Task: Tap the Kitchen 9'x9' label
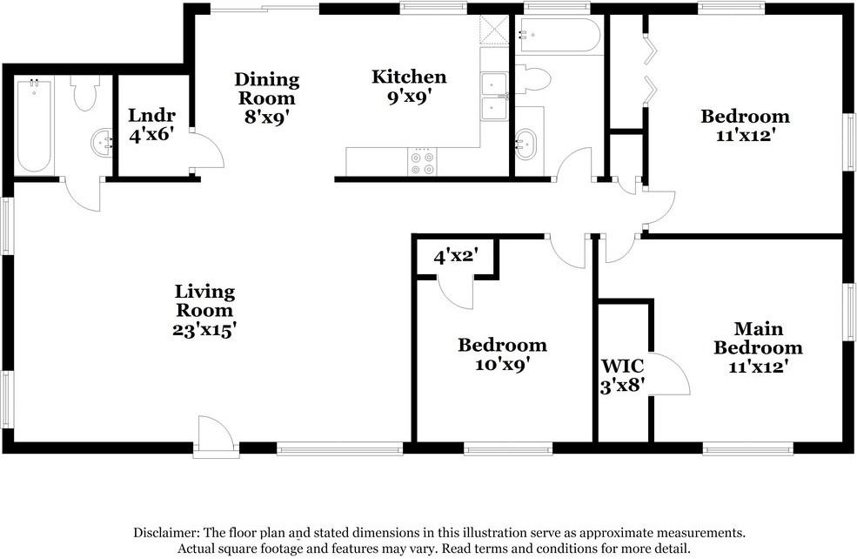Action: pos(409,86)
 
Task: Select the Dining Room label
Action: pos(266,98)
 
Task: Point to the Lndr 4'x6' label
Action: pos(152,124)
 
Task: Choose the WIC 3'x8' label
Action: pos(623,375)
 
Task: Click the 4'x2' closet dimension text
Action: pos(455,256)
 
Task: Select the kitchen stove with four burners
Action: pos(422,162)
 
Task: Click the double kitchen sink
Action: pos(495,97)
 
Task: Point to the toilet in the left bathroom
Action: pos(84,93)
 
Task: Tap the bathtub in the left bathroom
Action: pos(34,125)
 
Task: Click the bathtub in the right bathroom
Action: pos(558,37)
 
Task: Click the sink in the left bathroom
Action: pos(102,143)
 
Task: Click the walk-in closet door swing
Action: pos(670,375)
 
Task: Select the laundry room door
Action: pos(206,152)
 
